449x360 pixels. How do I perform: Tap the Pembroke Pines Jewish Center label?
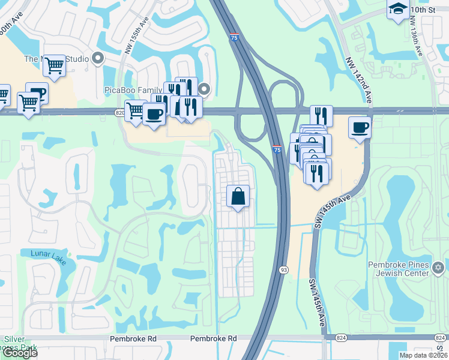(x=399, y=271)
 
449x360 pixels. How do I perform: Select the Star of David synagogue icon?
(x=438, y=266)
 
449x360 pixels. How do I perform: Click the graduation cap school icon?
(x=397, y=9)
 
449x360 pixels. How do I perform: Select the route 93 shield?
(x=282, y=271)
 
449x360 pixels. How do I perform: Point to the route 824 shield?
(x=340, y=338)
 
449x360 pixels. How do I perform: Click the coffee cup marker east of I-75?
(x=360, y=127)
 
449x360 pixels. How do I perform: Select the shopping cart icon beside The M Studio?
(x=55, y=65)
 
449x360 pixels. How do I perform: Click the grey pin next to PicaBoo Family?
(x=204, y=90)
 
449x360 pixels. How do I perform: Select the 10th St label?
(x=423, y=10)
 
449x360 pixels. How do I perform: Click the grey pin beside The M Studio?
(x=98, y=59)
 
